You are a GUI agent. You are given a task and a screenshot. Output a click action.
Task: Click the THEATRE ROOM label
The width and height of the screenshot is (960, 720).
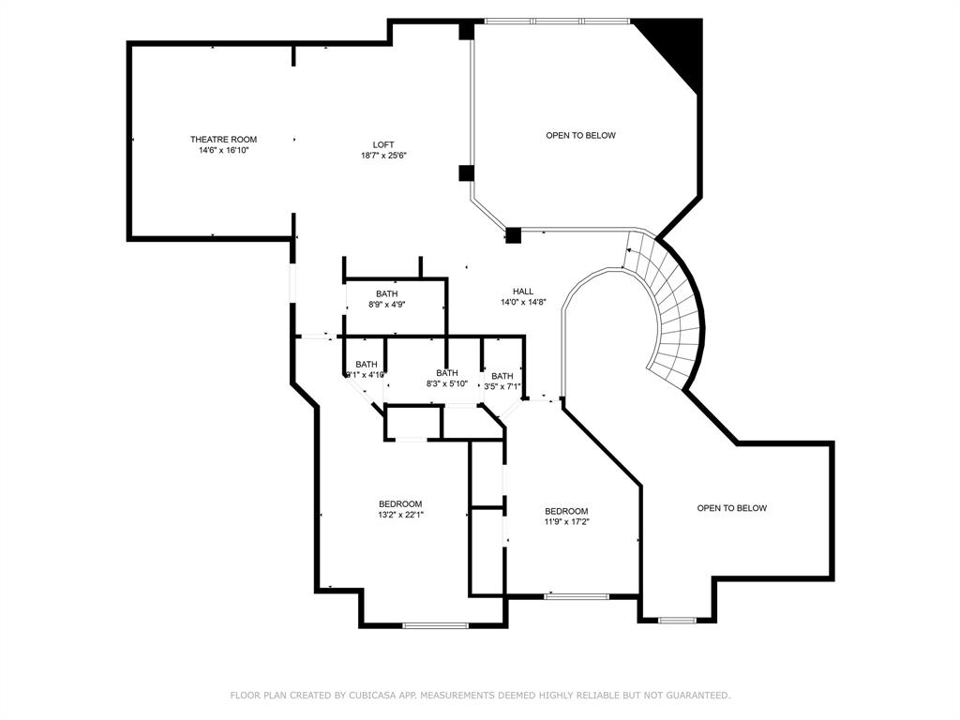click(223, 140)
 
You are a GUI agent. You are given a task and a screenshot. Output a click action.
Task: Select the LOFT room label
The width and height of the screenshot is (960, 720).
click(383, 144)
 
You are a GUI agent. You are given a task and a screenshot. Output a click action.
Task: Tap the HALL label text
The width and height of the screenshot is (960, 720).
click(523, 291)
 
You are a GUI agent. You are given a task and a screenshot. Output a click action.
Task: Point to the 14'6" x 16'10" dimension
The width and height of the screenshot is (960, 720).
click(223, 150)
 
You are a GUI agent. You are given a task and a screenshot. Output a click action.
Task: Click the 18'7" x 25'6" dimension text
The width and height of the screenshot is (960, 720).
click(383, 156)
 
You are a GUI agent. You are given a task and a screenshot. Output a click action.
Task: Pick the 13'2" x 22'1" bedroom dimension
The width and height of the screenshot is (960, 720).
click(400, 514)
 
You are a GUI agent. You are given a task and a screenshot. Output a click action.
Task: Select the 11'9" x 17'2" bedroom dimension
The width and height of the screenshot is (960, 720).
click(566, 522)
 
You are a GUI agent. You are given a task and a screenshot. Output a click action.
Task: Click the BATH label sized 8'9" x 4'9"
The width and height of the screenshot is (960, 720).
click(387, 293)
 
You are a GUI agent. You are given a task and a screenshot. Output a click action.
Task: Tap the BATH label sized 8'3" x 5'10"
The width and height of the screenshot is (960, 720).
click(446, 373)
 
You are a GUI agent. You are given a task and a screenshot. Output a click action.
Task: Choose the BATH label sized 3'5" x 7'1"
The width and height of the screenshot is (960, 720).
click(502, 376)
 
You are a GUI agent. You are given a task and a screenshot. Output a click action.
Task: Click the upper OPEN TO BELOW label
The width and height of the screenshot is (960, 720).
click(580, 135)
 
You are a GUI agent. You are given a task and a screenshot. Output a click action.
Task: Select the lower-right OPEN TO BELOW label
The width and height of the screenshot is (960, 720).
click(731, 508)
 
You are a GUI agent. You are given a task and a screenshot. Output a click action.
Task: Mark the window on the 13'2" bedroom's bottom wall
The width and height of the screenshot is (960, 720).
click(435, 625)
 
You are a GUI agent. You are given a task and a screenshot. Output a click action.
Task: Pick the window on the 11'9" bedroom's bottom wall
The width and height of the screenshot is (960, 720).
click(576, 596)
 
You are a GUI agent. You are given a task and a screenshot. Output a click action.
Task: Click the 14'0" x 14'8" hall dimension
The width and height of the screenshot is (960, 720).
click(523, 302)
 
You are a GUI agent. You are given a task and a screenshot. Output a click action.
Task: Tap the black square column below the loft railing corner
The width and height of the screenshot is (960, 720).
click(513, 235)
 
